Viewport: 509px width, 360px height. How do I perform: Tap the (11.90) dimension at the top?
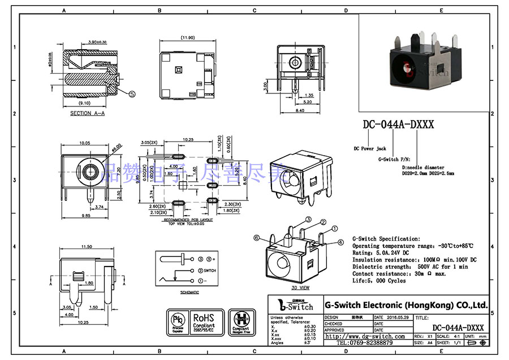coord(188,38)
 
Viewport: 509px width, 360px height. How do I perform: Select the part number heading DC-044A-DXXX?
coord(398,125)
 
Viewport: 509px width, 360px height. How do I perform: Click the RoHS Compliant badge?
coord(204,322)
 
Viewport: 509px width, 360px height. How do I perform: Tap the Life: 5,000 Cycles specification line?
coord(379,281)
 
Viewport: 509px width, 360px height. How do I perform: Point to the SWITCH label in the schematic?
coord(209,271)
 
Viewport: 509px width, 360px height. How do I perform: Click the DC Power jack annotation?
coord(370,148)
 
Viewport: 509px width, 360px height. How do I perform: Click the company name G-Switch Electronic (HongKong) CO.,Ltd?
coord(406,305)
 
